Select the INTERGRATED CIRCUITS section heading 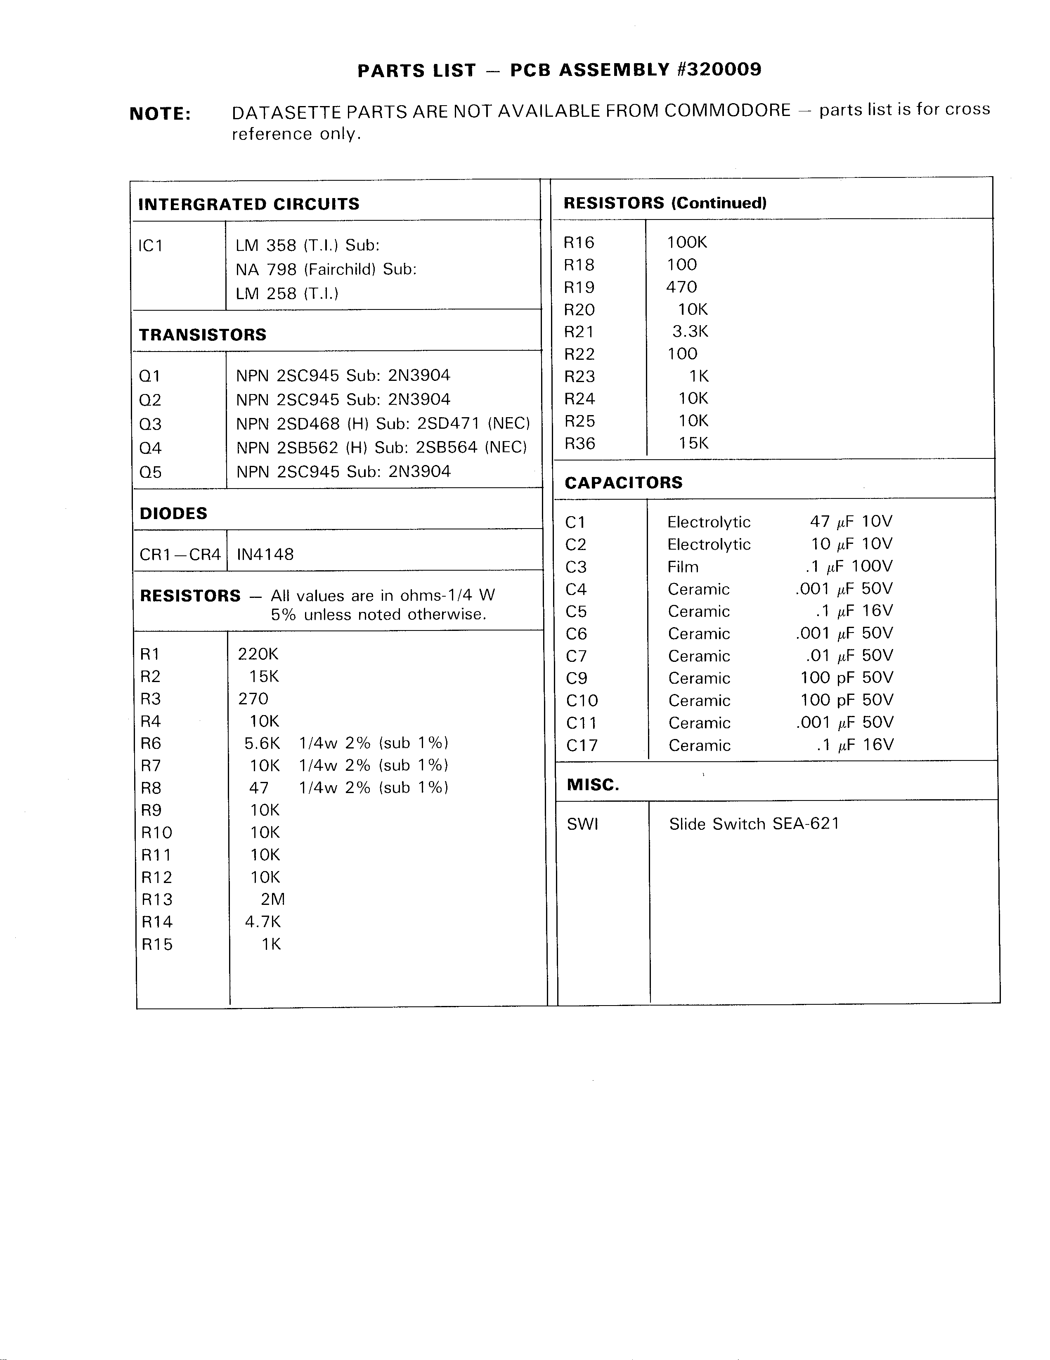click(248, 204)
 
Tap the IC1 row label click(151, 246)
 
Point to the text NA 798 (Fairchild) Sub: click(326, 269)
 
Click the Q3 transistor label click(150, 424)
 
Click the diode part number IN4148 click(265, 554)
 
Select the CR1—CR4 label click(180, 554)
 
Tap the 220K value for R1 click(258, 654)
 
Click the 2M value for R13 click(273, 899)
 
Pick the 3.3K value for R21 click(690, 331)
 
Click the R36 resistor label click(579, 444)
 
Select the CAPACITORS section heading click(623, 483)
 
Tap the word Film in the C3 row click(683, 567)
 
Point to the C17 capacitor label click(582, 745)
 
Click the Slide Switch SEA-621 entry click(754, 824)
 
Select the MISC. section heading click(593, 785)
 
